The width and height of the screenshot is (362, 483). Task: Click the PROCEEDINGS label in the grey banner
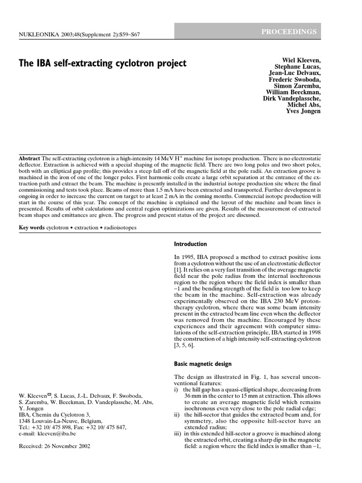pos(290,32)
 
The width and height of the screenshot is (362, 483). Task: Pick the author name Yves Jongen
pos(304,111)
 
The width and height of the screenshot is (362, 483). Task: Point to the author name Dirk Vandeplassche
pos(292,99)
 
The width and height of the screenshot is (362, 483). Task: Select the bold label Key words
pos(31,227)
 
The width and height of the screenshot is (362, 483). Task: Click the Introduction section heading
pos(190,244)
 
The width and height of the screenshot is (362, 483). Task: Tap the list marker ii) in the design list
pos(177,414)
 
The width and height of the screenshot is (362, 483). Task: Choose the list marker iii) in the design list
pos(178,433)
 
